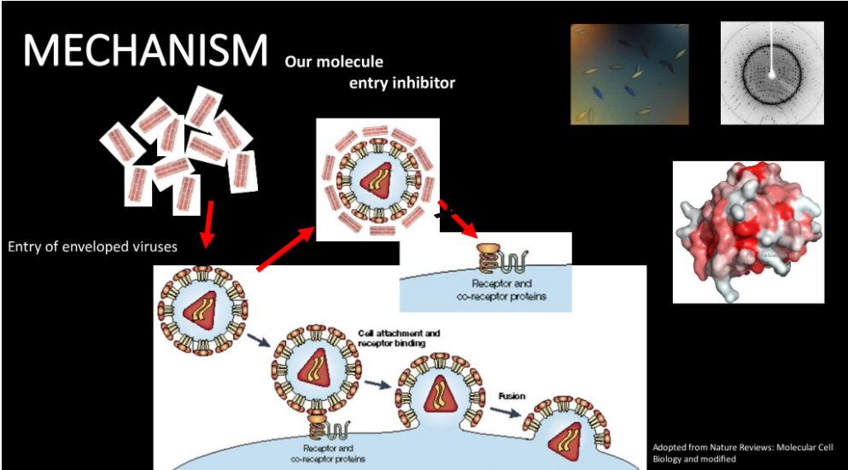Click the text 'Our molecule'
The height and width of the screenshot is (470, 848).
[335, 61]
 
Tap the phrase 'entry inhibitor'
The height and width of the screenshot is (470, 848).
[402, 83]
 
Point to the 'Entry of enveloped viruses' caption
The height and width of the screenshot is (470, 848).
[92, 247]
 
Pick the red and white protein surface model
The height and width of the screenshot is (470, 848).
[748, 230]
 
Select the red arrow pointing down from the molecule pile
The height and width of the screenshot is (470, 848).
[208, 221]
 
